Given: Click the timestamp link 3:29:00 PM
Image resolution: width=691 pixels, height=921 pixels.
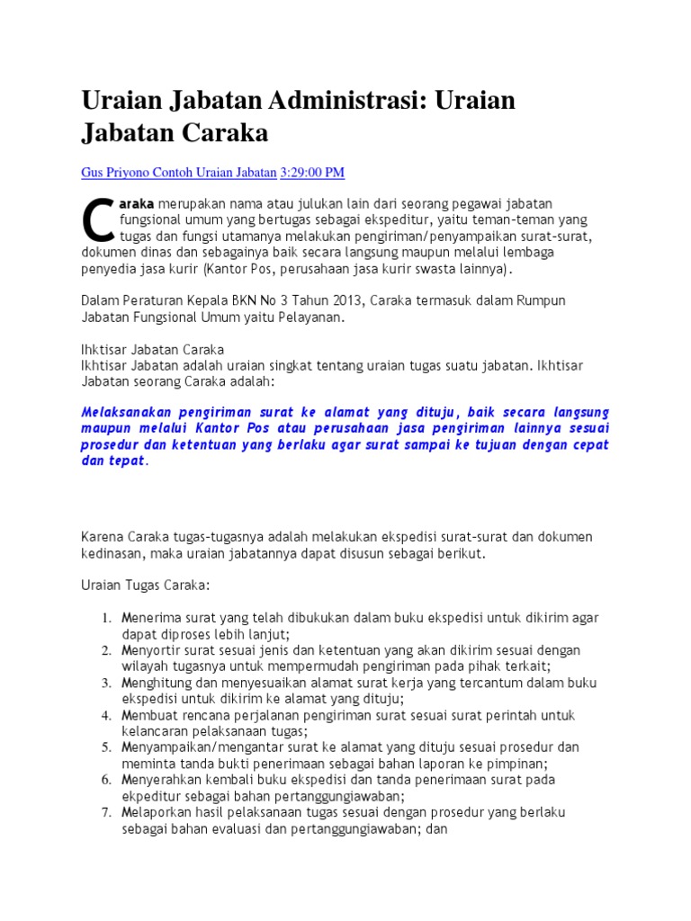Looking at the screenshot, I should click(312, 172).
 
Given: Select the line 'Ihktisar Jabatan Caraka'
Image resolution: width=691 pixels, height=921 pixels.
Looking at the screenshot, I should click(153, 349).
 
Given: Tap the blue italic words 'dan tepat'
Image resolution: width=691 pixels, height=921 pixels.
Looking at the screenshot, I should click(112, 460).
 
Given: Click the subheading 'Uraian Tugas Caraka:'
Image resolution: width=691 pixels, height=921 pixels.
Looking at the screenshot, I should click(145, 586).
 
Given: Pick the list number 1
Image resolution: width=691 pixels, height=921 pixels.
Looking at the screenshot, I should click(105, 618).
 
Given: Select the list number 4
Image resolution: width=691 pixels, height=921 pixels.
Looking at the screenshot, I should click(105, 715).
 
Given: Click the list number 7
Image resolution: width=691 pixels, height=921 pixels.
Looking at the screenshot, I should click(105, 812).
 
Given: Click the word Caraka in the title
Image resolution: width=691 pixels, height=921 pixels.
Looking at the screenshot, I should click(225, 132).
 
